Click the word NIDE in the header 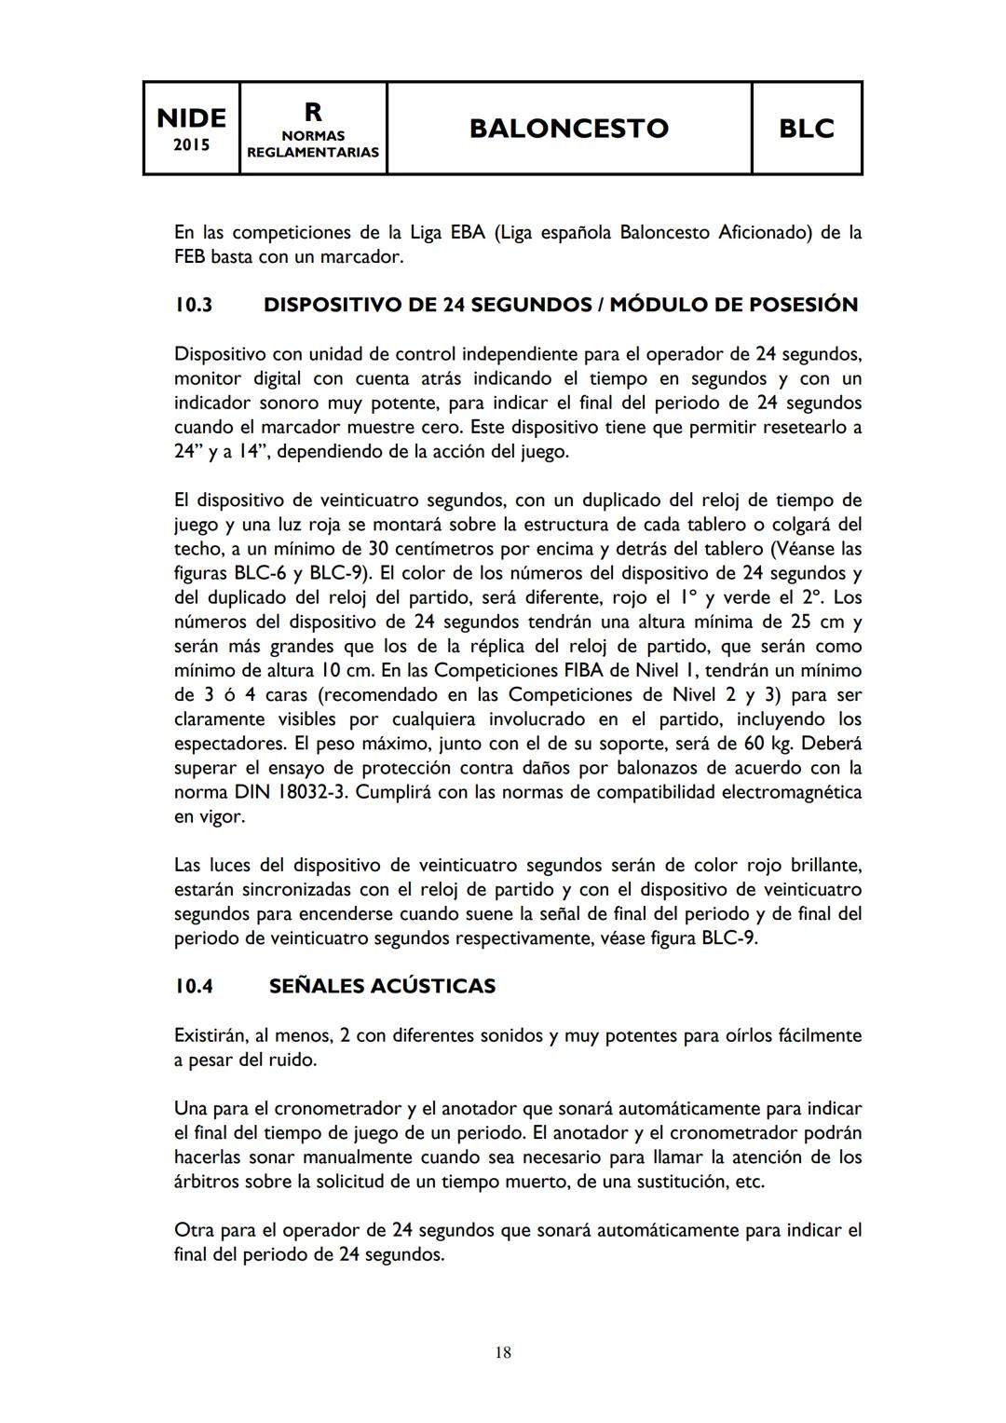191,118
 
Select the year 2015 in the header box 191,144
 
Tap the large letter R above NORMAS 313,112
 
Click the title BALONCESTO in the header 568,128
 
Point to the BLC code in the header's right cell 806,128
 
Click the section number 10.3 194,305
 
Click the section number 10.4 194,986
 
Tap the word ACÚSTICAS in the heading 432,986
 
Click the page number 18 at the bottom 503,1352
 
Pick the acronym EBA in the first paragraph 468,232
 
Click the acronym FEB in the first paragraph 190,256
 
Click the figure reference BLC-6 262,573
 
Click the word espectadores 230,744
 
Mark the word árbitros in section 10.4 207,1182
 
